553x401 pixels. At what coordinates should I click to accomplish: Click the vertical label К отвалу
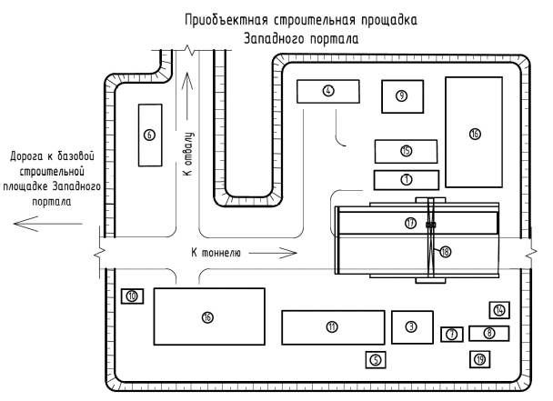coord(187,155)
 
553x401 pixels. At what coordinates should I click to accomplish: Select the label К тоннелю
coord(216,253)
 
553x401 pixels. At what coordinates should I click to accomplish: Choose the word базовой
coord(73,156)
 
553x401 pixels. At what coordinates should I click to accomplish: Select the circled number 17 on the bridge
coord(411,223)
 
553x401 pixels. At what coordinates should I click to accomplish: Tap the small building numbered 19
coord(480,358)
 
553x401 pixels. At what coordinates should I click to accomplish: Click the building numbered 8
coord(412,326)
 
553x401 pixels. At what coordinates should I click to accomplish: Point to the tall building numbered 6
coord(150,135)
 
